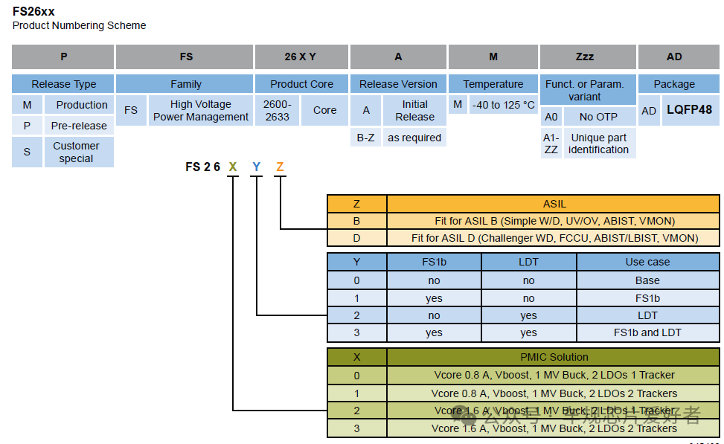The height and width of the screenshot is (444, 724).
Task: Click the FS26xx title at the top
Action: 33,11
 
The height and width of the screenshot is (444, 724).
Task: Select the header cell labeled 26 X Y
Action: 301,57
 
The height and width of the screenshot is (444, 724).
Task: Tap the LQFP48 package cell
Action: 689,110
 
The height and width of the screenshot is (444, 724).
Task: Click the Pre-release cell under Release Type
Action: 79,126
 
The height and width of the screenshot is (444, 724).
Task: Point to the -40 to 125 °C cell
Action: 504,105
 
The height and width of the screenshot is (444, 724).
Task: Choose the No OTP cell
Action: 598,117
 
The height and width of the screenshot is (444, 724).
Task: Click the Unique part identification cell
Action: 598,144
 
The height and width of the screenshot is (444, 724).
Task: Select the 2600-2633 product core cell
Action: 277,110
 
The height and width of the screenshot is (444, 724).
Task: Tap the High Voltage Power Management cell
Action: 201,110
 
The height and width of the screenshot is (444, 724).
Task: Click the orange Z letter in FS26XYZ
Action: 280,167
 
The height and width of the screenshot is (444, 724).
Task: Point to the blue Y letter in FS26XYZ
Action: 256,167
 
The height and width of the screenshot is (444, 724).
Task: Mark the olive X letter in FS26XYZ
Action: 233,167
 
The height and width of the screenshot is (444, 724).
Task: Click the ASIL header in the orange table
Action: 554,204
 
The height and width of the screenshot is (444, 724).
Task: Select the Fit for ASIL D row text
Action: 554,238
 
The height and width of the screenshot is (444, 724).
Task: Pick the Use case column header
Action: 647,262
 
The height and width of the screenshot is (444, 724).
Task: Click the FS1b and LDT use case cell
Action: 647,332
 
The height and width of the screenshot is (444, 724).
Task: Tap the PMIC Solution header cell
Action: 554,357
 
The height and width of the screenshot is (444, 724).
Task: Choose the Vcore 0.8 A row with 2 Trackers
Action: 554,393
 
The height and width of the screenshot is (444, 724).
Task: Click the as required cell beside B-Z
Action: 414,138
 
